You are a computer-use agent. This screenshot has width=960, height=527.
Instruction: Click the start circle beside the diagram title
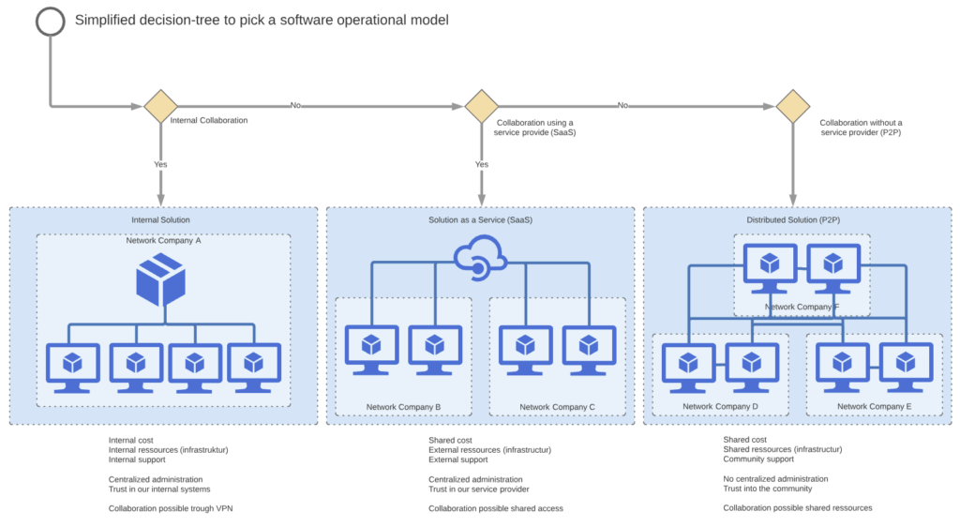tap(51, 21)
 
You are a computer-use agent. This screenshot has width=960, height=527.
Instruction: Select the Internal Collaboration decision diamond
tap(160, 106)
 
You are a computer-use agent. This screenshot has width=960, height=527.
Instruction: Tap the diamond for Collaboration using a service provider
tap(481, 106)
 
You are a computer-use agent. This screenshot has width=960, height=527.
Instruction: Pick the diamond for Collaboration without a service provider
tap(792, 106)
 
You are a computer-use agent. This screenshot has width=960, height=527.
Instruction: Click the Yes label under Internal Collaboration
tap(161, 164)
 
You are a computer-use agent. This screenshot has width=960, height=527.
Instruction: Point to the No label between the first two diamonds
tap(296, 105)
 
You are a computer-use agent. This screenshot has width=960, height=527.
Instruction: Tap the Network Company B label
tap(403, 407)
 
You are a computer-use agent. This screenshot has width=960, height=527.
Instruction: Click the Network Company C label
tap(557, 407)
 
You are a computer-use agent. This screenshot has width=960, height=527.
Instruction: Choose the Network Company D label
tap(720, 407)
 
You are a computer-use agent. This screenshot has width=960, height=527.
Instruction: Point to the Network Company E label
tap(874, 407)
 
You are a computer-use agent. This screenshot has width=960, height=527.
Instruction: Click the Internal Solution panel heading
tap(160, 220)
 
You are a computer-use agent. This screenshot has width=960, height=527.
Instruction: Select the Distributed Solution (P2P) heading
tap(792, 220)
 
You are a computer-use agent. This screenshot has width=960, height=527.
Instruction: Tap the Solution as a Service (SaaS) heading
tap(480, 220)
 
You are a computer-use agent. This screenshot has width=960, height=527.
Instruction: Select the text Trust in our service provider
tap(479, 489)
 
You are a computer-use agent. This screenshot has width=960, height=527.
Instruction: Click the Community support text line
tap(758, 459)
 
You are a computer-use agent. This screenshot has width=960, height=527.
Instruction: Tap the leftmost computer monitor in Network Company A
tap(72, 366)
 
